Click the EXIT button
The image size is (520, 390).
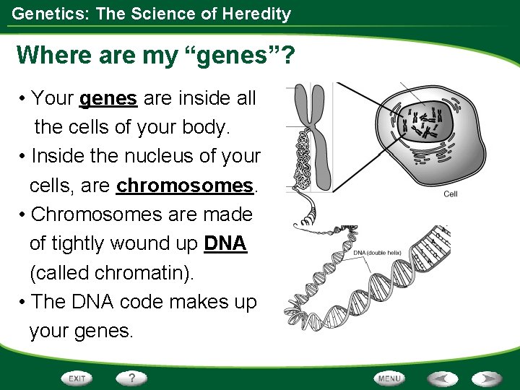pos(77,378)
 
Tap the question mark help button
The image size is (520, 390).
pos(132,378)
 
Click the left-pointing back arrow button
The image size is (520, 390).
pos(441,378)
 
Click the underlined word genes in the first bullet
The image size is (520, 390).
pos(108,98)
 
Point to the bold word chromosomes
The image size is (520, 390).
pos(186,186)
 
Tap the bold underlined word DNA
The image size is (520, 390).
pos(225,244)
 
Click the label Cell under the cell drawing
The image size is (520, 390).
pos(450,194)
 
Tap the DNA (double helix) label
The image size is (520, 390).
pos(377,252)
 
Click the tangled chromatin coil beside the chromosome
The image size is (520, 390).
pos(296,155)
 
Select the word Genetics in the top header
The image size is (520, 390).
pos(43,13)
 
